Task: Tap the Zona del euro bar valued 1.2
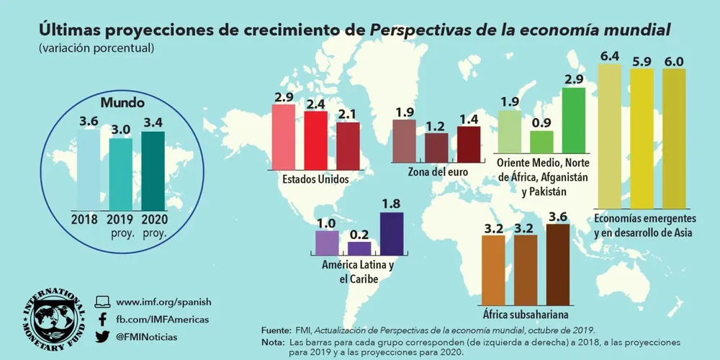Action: tap(436, 148)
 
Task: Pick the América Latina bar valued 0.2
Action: tap(359, 248)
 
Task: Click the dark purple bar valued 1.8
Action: tap(392, 233)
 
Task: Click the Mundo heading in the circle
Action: tap(122, 103)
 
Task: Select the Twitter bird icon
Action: tap(102, 336)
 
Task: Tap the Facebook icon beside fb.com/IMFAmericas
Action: tap(102, 319)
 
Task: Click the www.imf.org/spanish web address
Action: tap(163, 302)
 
